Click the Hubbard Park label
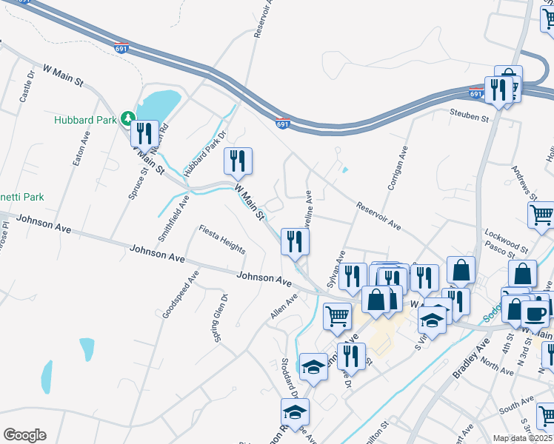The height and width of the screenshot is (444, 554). click(x=87, y=119)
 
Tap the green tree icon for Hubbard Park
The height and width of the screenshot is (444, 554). click(x=128, y=118)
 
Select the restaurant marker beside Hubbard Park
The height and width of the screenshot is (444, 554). click(x=144, y=134)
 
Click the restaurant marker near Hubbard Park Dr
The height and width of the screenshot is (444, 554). click(x=238, y=161)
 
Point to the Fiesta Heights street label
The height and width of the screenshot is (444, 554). click(x=221, y=239)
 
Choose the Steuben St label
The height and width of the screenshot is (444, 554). click(x=470, y=115)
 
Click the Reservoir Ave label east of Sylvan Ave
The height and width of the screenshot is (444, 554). click(x=378, y=215)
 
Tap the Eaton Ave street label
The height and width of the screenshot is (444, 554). click(x=79, y=148)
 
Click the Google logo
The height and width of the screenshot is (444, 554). click(x=24, y=435)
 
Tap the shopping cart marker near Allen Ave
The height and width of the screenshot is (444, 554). click(x=338, y=315)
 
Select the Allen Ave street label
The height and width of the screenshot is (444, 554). click(x=284, y=306)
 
